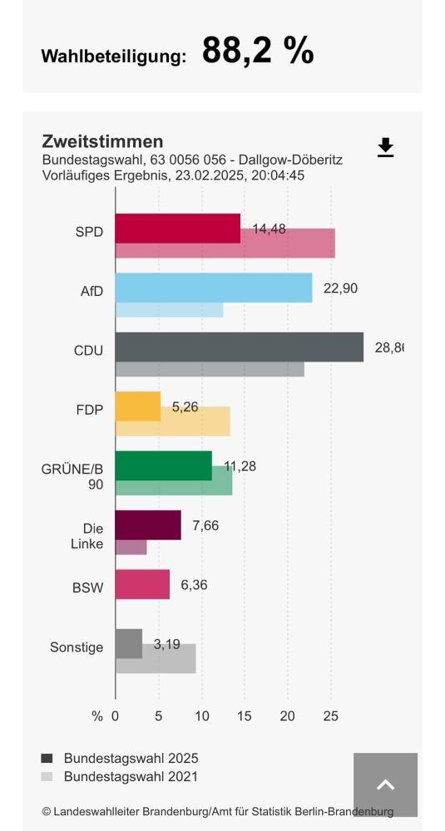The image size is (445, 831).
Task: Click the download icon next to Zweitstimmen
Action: pyautogui.click(x=385, y=148)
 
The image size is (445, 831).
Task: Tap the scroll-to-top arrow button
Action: pyautogui.click(x=385, y=784)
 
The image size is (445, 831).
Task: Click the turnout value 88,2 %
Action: pyautogui.click(x=258, y=52)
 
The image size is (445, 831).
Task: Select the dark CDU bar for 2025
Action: pyautogui.click(x=239, y=347)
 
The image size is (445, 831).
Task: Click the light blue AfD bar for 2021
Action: pyautogui.click(x=169, y=310)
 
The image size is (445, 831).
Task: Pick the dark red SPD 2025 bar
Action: pyautogui.click(x=177, y=229)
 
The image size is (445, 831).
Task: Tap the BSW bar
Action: pyautogui.click(x=142, y=584)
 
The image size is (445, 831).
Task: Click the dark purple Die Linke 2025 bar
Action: pyautogui.click(x=147, y=525)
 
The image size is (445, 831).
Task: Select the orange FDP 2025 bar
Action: pyautogui.click(x=137, y=406)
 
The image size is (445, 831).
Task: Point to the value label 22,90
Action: pyautogui.click(x=340, y=288)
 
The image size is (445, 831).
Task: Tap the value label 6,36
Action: pyautogui.click(x=194, y=584)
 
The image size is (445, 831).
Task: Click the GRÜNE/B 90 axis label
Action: pyautogui.click(x=72, y=475)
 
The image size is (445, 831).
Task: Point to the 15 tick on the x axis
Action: pyautogui.click(x=245, y=716)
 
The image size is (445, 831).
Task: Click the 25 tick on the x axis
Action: pyautogui.click(x=331, y=716)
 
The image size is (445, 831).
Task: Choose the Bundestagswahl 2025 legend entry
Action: pyautogui.click(x=131, y=758)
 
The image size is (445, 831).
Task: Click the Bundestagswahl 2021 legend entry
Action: pyautogui.click(x=131, y=777)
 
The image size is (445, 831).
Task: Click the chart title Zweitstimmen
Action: pyautogui.click(x=102, y=141)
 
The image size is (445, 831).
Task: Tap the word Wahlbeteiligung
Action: pyautogui.click(x=113, y=57)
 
